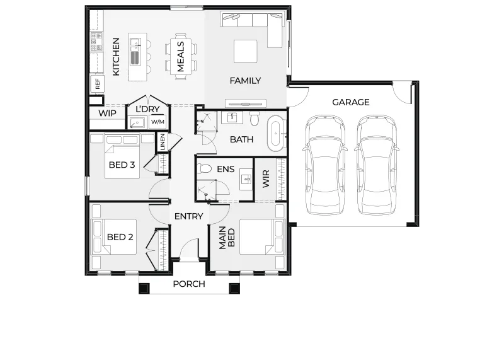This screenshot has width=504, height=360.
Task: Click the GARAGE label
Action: click(350, 102)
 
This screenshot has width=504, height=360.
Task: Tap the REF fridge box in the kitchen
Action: click(97, 84)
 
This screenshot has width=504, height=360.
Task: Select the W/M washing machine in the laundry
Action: click(157, 122)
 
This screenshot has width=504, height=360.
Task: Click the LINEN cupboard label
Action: click(163, 142)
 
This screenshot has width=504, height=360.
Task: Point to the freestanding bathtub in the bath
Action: click(276, 133)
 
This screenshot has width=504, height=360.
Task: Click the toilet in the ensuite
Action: click(204, 168)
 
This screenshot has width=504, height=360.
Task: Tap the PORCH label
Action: click(188, 284)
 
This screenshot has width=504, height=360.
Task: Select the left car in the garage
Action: click(324, 165)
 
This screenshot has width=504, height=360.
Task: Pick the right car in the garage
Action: click(377, 165)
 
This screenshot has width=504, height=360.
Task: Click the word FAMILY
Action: click(245, 81)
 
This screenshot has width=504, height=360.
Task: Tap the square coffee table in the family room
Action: click(245, 51)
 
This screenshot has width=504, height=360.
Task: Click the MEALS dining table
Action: click(180, 57)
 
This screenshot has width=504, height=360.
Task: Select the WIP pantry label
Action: click(107, 113)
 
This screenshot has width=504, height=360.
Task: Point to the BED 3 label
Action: click(122, 165)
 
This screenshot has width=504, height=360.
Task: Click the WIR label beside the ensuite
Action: click(266, 179)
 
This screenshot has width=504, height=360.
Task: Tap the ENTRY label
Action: click(188, 216)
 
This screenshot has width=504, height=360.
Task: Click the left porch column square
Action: click(144, 288)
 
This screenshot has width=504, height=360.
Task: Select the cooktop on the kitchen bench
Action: click(96, 42)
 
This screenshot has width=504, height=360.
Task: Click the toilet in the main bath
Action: click(255, 119)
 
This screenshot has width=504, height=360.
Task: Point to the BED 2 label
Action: click(120, 237)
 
